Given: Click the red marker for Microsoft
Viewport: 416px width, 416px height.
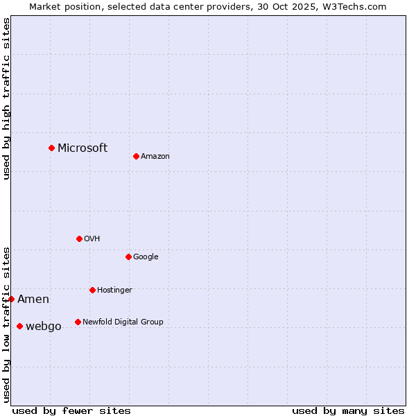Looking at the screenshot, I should [x=51, y=148].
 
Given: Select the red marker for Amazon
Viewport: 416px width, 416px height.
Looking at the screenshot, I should [x=136, y=156].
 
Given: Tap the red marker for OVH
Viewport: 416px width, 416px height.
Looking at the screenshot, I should [x=79, y=239].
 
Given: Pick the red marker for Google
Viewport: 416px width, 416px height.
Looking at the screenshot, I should [x=128, y=257].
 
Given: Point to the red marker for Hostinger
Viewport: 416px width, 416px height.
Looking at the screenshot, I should [x=92, y=290].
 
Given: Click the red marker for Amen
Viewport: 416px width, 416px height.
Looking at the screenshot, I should [x=12, y=299].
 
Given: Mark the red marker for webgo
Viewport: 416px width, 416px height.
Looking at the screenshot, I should [x=19, y=326].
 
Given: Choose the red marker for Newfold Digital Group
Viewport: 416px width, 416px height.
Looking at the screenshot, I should [x=78, y=322].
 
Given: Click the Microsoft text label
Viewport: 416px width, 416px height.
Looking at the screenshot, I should [x=83, y=148].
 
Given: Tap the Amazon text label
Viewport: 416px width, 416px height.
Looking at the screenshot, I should [x=155, y=157].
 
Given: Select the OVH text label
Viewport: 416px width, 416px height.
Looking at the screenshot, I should [x=92, y=239].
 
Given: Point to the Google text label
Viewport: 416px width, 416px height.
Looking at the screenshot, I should [x=146, y=257].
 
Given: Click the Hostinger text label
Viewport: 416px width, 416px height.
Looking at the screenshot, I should [x=114, y=291].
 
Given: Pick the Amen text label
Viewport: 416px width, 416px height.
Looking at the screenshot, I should [x=33, y=300].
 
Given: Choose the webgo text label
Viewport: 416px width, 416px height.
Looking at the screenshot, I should [x=44, y=327].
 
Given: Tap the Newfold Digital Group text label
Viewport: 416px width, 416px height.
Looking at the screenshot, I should [x=123, y=322].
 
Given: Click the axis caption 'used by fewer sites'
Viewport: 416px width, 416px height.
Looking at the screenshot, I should [x=71, y=410].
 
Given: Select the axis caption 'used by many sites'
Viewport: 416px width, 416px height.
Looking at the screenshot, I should [x=348, y=410].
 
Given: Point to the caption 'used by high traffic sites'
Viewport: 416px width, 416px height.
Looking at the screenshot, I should [x=7, y=98].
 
